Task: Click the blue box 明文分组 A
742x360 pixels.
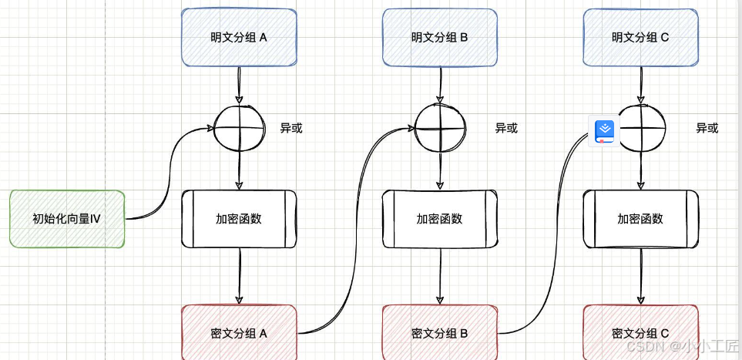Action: click(239, 37)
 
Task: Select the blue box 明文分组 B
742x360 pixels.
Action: click(439, 37)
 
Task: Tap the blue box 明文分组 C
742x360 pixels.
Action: click(640, 37)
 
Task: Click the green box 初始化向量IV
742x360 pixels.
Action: click(67, 219)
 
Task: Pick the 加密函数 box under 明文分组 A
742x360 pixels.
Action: click(239, 219)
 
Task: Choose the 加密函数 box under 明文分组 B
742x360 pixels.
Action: click(439, 219)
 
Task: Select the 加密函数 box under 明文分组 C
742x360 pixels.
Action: click(640, 219)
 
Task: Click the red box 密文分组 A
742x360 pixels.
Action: click(239, 333)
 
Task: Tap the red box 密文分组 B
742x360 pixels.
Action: click(439, 333)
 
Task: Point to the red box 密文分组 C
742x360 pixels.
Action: click(640, 333)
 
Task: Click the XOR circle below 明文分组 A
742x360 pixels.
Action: click(239, 128)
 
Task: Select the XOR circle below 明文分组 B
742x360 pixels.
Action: click(440, 128)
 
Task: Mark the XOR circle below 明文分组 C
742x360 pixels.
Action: click(641, 128)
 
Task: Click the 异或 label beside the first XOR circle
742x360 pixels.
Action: click(291, 128)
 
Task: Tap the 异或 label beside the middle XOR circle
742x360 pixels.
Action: click(506, 128)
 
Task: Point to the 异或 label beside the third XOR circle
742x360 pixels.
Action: click(707, 128)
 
